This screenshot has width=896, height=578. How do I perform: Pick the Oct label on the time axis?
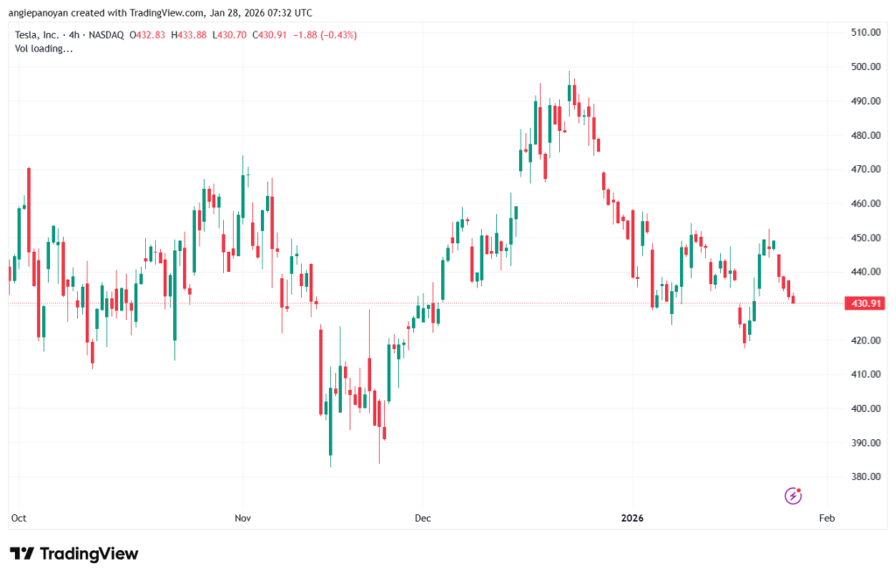tap(18, 519)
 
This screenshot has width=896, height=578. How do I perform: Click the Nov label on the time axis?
tap(242, 519)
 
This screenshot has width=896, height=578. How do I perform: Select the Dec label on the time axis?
tap(423, 519)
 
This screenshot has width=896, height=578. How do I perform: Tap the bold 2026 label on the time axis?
tap(633, 519)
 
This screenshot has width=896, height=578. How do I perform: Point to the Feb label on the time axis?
tap(827, 519)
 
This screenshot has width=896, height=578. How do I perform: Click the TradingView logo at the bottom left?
tap(74, 554)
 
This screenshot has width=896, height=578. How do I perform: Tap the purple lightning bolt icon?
tap(793, 496)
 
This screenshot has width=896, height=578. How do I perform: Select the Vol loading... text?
tap(44, 49)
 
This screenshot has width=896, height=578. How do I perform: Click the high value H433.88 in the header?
tap(191, 35)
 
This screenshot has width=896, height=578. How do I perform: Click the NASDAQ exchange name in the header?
tap(104, 35)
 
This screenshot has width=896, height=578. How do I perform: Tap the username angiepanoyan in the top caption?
tap(44, 12)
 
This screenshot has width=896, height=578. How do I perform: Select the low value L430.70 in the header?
tap(231, 35)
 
